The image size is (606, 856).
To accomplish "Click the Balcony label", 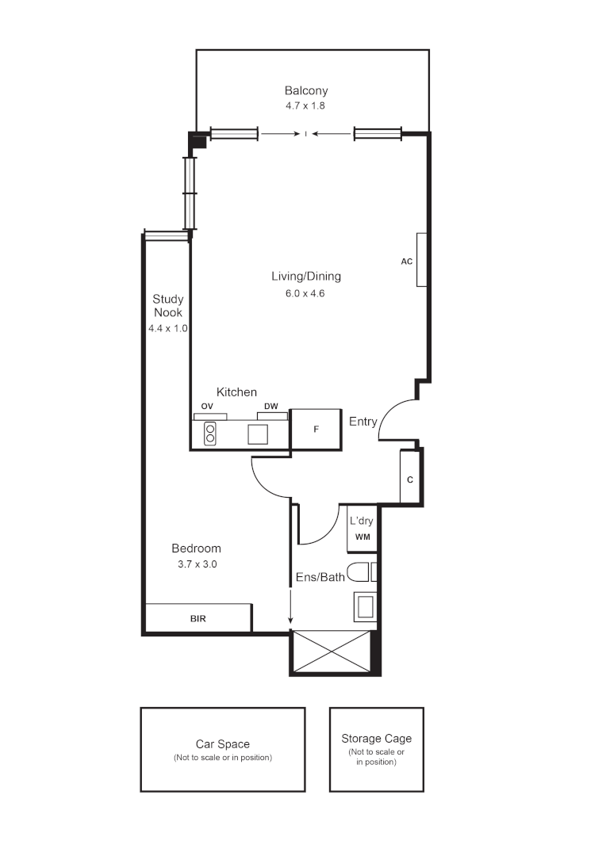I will [306, 90].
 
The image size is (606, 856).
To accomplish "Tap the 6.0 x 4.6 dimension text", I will [306, 292].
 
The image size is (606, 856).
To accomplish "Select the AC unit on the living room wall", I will [422, 260].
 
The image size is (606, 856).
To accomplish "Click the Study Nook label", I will [168, 305].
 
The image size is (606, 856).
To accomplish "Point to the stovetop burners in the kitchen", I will [210, 434].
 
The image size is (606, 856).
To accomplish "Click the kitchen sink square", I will [258, 434].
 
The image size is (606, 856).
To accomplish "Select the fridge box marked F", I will [316, 429].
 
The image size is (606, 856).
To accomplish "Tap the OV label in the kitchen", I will [207, 407].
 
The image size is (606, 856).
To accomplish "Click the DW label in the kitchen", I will [271, 407].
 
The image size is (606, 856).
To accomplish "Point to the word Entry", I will [363, 422].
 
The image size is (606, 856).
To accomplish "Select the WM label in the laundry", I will [362, 537].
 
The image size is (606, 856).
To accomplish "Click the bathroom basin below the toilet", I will [365, 608].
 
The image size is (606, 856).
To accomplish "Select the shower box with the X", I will [332, 651].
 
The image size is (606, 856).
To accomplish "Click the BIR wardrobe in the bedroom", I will [198, 618].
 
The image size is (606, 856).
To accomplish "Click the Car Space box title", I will [223, 744].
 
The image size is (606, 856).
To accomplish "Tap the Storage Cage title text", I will [376, 738].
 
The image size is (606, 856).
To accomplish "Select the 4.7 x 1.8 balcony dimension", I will [306, 105].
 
